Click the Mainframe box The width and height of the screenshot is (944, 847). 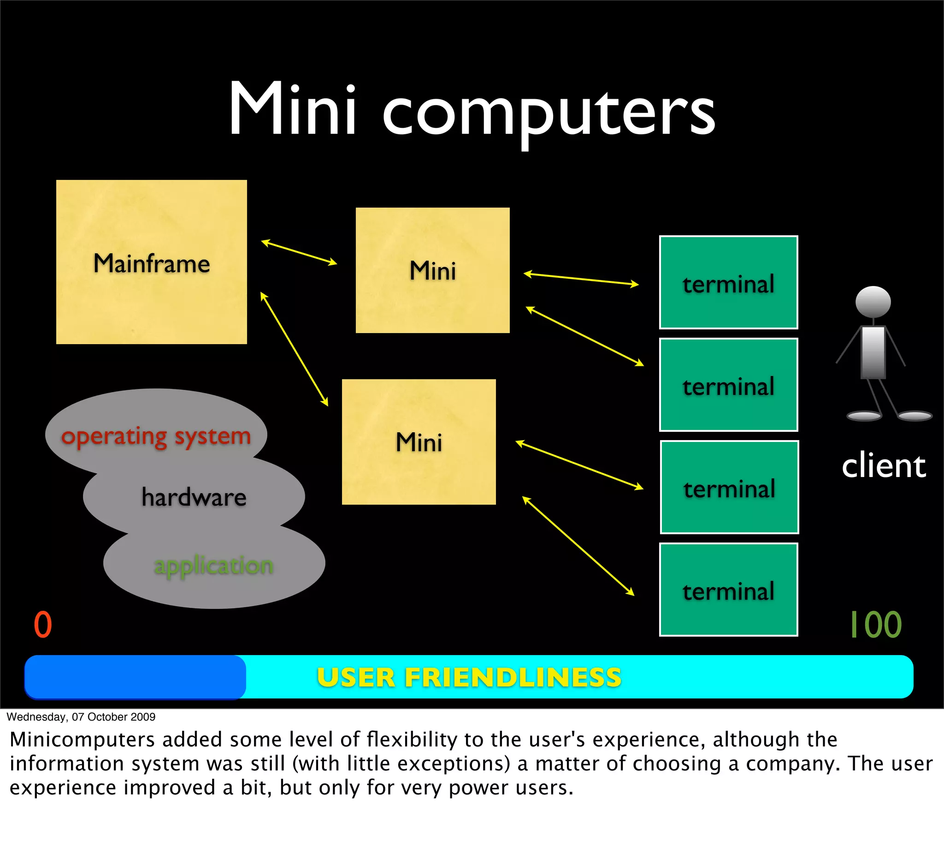pyautogui.click(x=151, y=262)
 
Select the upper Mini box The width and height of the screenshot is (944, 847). pyautogui.click(x=432, y=270)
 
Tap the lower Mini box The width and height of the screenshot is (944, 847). pyautogui.click(x=419, y=441)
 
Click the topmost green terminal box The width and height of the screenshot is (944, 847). pyautogui.click(x=728, y=282)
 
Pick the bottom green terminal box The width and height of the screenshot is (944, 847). pyautogui.click(x=728, y=590)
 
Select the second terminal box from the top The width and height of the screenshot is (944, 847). pyautogui.click(x=728, y=385)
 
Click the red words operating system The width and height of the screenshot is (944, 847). pyautogui.click(x=156, y=436)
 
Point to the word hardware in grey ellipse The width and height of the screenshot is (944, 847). pyautogui.click(x=194, y=497)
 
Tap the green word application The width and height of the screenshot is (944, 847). pyautogui.click(x=213, y=566)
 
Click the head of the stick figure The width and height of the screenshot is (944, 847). pyautogui.click(x=873, y=302)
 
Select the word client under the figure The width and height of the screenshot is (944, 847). pyautogui.click(x=884, y=466)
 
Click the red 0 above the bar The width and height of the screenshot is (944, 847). pyautogui.click(x=43, y=625)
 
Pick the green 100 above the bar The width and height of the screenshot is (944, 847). pyautogui.click(x=876, y=625)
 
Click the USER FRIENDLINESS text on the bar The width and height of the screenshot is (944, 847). pyautogui.click(x=469, y=677)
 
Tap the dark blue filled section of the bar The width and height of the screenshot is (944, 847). pyautogui.click(x=135, y=677)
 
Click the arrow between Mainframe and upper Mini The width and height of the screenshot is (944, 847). pyautogui.click(x=299, y=253)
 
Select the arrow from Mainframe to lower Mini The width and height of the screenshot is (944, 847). pyautogui.click(x=294, y=349)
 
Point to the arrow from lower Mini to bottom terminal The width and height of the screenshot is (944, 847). pyautogui.click(x=578, y=545)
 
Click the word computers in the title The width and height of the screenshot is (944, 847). pyautogui.click(x=549, y=112)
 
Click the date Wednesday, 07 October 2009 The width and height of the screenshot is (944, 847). pyautogui.click(x=81, y=717)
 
